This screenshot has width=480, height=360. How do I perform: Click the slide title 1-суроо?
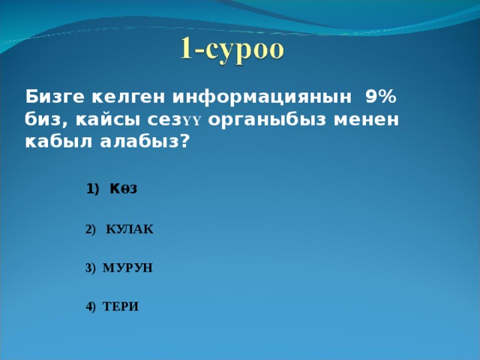232,49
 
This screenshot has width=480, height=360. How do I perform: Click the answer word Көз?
123,189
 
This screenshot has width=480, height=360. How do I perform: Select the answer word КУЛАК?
130,229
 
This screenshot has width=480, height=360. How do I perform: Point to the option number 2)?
91,229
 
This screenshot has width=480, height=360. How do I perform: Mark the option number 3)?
91,268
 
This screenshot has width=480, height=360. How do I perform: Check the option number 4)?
91,307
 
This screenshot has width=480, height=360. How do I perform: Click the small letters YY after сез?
192,122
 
